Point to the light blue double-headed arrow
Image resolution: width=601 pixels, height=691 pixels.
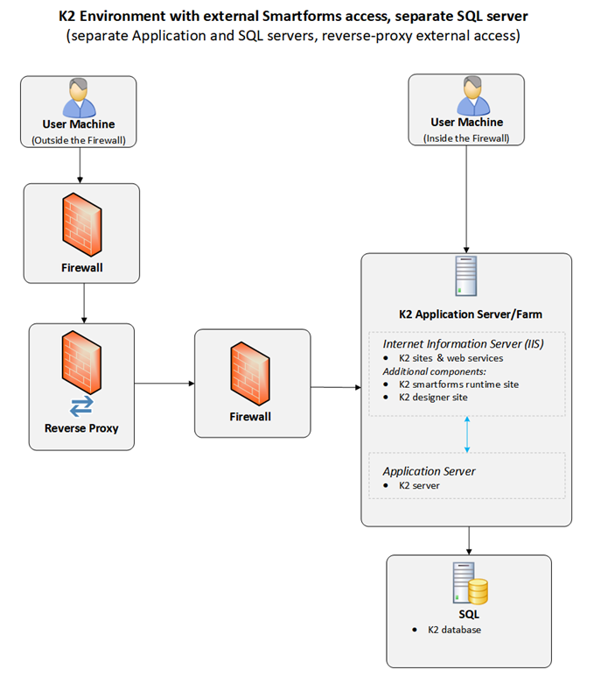coord(467,434)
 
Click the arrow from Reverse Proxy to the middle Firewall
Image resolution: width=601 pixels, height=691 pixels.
coord(164,383)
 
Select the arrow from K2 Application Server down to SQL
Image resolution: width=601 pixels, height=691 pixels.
coord(470,539)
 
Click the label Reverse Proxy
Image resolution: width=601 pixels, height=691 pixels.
coord(81,428)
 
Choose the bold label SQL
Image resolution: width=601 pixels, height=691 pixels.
coord(469,615)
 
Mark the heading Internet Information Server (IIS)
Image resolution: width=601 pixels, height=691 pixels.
coord(463,343)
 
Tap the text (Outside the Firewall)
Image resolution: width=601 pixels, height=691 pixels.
coord(79,140)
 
